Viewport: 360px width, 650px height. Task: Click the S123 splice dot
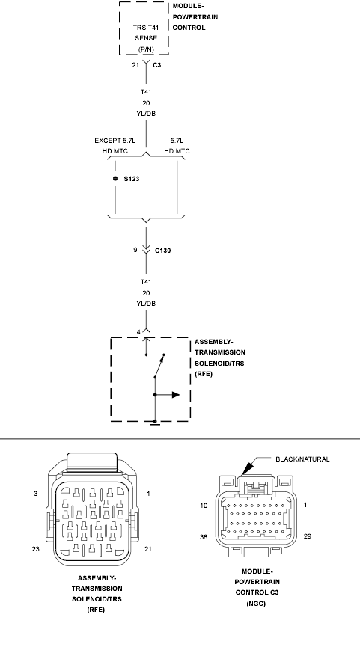[x=115, y=179]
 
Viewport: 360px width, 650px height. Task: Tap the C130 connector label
[x=162, y=251]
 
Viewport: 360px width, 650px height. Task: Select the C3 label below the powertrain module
[x=156, y=65]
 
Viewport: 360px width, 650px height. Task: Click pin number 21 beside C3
[x=135, y=65]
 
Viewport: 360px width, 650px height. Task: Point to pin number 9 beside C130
[x=135, y=250]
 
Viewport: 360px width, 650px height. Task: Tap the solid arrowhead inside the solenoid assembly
[x=176, y=395]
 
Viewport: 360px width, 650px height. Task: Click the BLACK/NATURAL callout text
[x=303, y=459]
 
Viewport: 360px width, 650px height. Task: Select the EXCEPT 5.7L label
[x=115, y=141]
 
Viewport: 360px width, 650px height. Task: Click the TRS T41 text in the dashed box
[x=146, y=28]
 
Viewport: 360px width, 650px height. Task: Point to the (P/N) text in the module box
[x=146, y=49]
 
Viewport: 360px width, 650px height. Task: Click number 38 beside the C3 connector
[x=204, y=536]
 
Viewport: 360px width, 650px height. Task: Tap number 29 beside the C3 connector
[x=308, y=536]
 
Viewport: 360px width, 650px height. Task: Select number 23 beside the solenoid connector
[x=36, y=549]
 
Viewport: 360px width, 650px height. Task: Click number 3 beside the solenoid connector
[x=36, y=494]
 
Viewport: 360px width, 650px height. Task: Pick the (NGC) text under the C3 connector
[x=255, y=604]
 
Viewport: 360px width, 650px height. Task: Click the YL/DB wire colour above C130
[x=146, y=114]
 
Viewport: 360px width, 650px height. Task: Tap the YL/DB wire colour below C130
[x=146, y=304]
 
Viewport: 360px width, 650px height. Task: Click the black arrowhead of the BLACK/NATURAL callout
[x=246, y=469]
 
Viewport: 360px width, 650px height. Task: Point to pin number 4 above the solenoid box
[x=139, y=332]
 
